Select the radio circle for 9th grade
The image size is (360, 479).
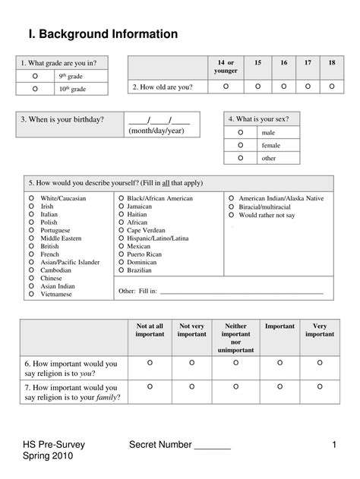coord(35,77)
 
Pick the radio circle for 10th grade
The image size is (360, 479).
coord(35,89)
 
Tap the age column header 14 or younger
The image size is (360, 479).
coord(226,66)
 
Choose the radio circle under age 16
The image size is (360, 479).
coord(283,87)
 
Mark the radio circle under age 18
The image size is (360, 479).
coord(331,87)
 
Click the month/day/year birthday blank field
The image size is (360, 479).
coord(159,120)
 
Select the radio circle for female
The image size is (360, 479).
coord(241,144)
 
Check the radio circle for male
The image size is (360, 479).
coord(241,132)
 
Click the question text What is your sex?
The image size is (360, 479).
coord(263,119)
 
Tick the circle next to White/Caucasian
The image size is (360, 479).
coord(31,198)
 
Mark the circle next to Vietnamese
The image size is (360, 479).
coord(31,294)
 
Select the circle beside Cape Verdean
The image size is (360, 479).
coord(121,230)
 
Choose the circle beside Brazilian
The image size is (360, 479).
coord(121,269)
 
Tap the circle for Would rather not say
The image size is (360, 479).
coord(232,215)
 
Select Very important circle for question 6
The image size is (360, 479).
coord(319,364)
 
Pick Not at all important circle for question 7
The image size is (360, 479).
coord(149,387)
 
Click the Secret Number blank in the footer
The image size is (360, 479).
coord(213,446)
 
